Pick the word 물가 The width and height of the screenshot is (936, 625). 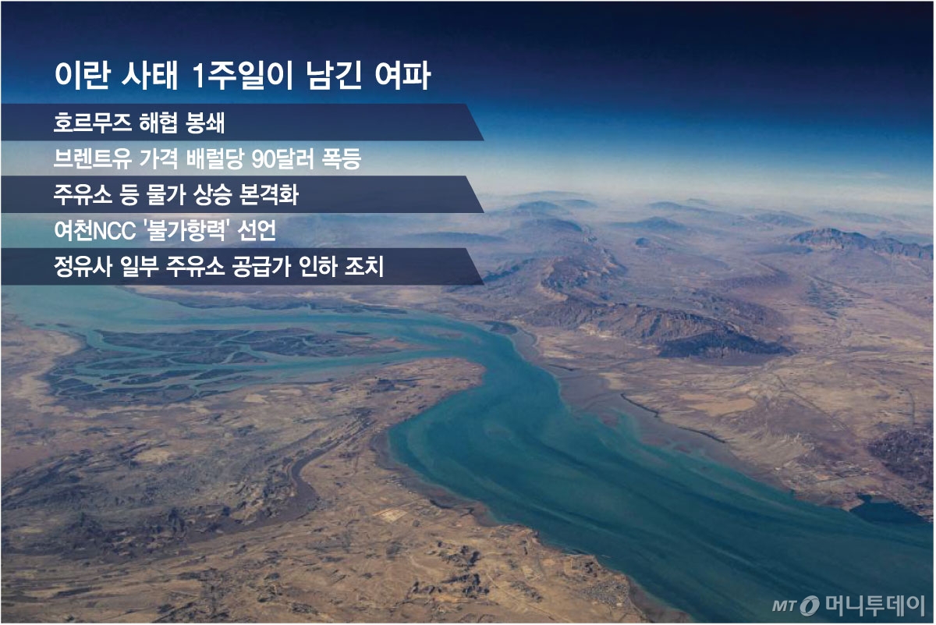pos(149,195)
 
